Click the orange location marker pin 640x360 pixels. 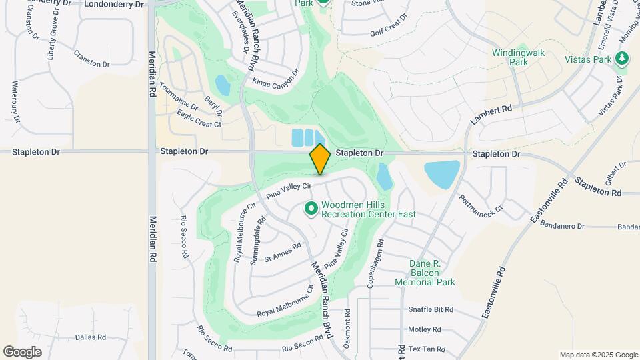tap(320, 159)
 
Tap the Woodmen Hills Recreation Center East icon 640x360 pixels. tap(311, 209)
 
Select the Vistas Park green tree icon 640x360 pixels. tap(622, 59)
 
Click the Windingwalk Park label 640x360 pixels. tap(519, 57)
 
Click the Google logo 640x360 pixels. tap(22, 352)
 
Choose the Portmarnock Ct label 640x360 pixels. tap(480, 204)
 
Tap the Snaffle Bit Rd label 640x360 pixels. tap(431, 310)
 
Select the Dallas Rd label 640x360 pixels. tap(91, 337)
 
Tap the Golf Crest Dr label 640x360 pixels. tap(389, 27)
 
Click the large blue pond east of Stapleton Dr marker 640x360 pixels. tap(441, 174)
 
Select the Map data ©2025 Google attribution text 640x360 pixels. tap(598, 355)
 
